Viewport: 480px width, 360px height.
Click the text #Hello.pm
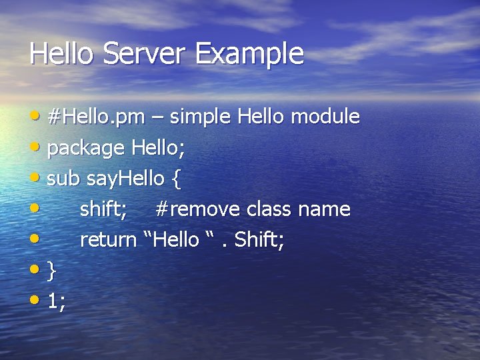[x=96, y=117]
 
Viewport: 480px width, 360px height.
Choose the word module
[x=327, y=117]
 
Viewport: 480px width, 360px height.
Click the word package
[x=86, y=149]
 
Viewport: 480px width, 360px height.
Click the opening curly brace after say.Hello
[x=176, y=179]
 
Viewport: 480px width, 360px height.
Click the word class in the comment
[x=269, y=209]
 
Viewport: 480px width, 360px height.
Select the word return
[x=108, y=240]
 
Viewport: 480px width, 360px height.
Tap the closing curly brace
[x=52, y=271]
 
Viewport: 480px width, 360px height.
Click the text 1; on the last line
[x=57, y=301]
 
